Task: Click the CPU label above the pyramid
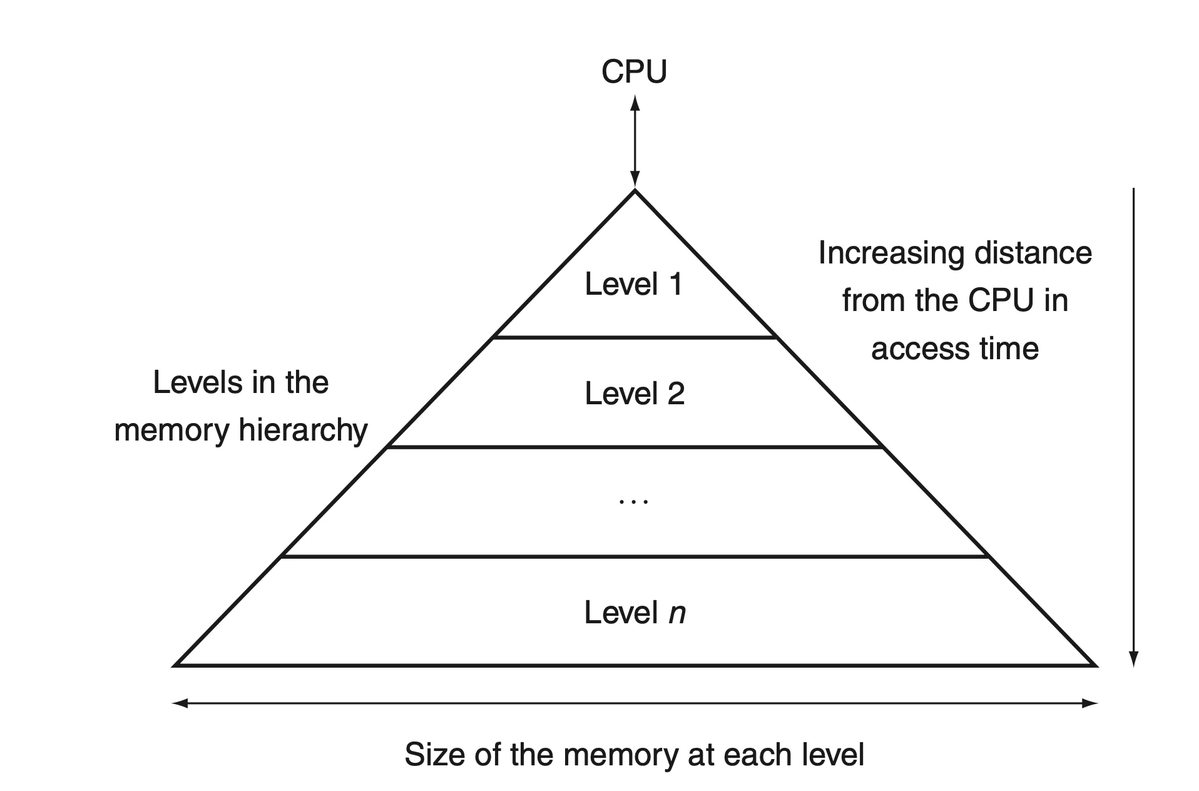634,71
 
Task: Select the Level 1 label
634,284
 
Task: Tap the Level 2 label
635,394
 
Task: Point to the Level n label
635,612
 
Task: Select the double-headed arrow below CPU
635,141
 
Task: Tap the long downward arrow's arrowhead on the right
1133,659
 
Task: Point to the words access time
954,349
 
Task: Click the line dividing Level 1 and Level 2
635,338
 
